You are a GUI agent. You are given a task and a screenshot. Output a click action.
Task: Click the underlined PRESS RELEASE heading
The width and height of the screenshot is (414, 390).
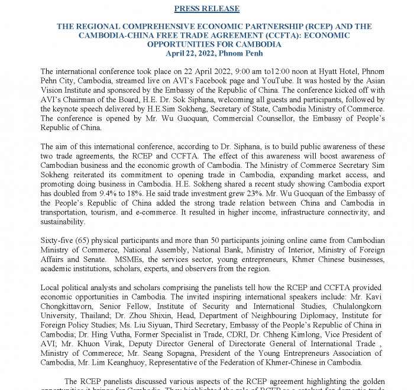207,9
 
